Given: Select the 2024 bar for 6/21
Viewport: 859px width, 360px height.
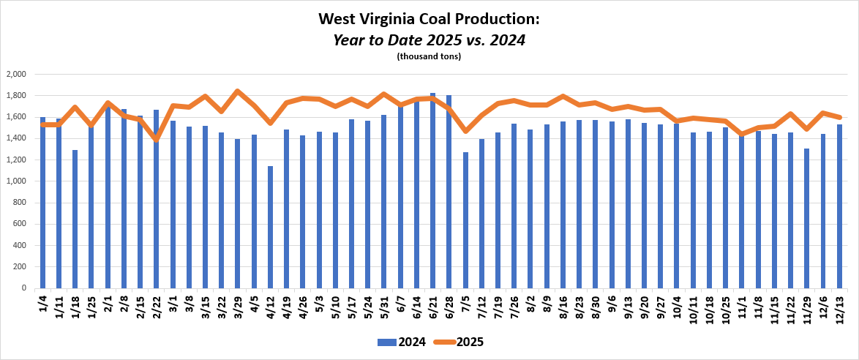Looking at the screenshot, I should [432, 190].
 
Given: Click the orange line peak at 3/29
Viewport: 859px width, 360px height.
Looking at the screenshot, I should [238, 91].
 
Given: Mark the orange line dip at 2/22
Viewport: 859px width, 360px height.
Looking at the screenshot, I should [157, 139].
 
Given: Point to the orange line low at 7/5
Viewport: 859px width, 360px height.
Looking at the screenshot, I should [465, 131].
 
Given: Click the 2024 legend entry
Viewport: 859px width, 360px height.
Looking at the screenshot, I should [395, 342].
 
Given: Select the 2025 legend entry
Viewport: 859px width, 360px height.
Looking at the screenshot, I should [461, 342].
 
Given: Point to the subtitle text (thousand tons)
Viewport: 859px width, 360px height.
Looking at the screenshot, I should [429, 56].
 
